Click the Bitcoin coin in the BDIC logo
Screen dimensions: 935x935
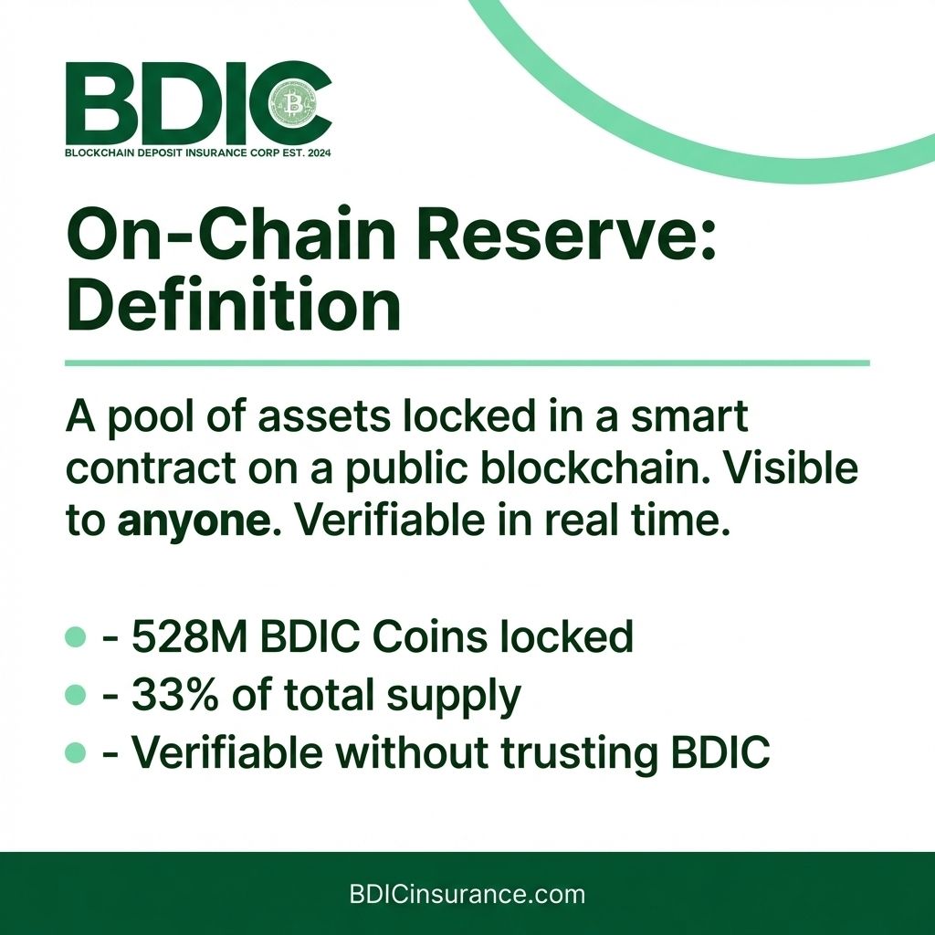295,106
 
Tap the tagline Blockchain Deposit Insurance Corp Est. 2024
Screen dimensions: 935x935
198,152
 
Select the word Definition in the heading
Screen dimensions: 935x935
234,309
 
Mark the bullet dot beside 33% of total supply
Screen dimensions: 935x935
77,696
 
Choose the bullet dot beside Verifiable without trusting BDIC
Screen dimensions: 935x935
77,754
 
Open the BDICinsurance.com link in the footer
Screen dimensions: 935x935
467,894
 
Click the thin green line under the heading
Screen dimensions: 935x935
467,363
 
